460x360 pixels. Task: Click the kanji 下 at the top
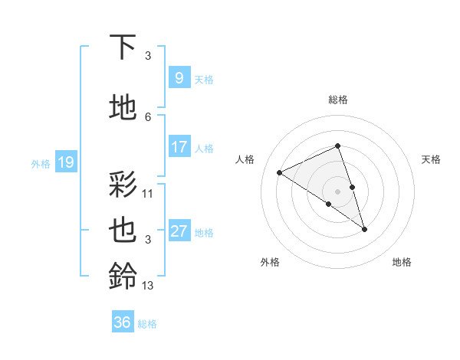pos(123,47)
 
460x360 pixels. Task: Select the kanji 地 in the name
pos(123,108)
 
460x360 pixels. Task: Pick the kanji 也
pos(123,231)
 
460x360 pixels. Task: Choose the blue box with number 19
pos(65,162)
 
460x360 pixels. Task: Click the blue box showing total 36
pos(123,322)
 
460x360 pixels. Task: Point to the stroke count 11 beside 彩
pos(148,194)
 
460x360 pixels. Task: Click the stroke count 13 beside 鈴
pos(148,286)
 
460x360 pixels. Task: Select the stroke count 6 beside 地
pos(148,116)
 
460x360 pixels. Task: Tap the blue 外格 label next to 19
pos(40,163)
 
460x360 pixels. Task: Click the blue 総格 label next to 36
pos(147,324)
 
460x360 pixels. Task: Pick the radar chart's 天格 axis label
pos(431,159)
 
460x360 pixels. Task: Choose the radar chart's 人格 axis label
pos(245,159)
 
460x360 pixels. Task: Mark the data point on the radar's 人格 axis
pos(280,172)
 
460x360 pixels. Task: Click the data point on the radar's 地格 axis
pos(364,228)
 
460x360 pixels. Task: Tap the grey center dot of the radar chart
pos(337,190)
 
